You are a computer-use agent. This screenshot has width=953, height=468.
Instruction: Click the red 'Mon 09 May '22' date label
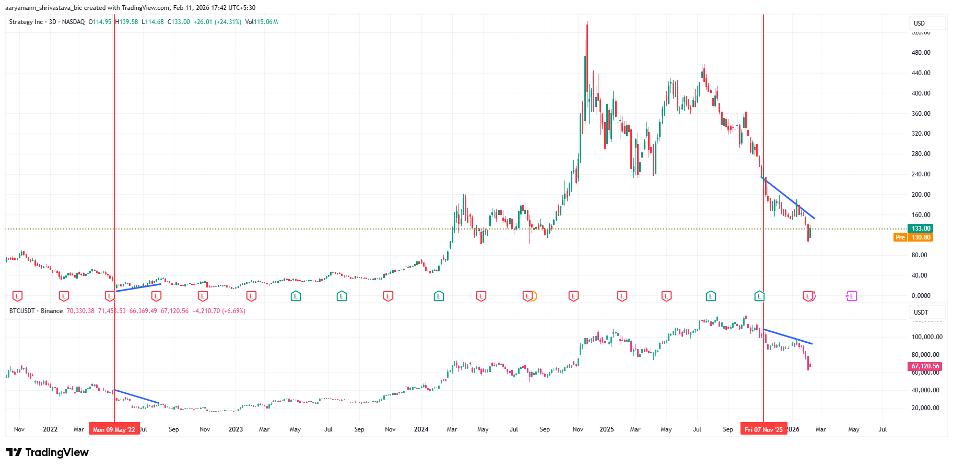pos(114,429)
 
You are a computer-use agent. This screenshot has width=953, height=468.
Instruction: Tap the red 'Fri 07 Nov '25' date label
pos(763,429)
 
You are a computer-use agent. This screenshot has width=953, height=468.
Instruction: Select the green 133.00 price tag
pos(921,229)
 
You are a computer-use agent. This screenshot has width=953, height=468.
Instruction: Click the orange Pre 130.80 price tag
pos(913,237)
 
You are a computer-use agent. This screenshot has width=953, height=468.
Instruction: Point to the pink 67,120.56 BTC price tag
pos(925,366)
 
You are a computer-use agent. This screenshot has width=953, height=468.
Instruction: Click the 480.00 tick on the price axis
pos(921,53)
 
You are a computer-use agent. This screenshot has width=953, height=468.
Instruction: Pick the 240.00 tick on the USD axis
pos(921,174)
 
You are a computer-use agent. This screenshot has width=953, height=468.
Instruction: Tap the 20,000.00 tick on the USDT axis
pos(925,408)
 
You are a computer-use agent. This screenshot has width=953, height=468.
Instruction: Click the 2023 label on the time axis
pos(236,429)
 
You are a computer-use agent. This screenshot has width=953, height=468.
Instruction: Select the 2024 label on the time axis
pos(421,429)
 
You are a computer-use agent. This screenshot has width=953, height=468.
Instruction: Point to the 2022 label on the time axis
pos(50,429)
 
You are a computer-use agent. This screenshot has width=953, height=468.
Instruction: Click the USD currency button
pos(920,23)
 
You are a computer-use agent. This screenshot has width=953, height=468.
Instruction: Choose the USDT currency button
pos(921,313)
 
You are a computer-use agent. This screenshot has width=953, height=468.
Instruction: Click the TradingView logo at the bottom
pos(48,452)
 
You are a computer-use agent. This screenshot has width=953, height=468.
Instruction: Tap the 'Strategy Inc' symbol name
pos(26,22)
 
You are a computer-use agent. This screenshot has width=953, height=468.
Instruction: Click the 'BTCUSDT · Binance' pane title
pos(36,311)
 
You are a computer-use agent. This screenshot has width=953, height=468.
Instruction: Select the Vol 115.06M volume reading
pos(261,22)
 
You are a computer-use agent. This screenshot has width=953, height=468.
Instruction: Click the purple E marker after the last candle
pos(852,296)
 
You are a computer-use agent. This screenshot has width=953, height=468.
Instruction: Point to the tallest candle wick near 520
pos(587,23)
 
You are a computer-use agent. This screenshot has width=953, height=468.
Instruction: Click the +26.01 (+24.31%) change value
pos(217,22)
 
